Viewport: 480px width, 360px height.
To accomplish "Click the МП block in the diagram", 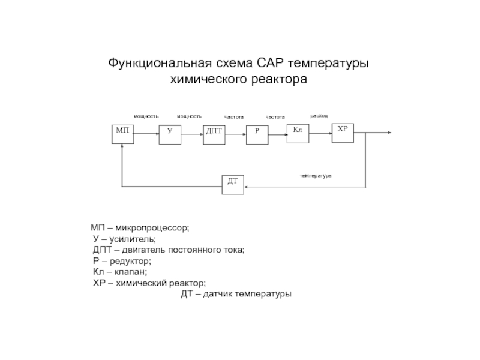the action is [x=122, y=134].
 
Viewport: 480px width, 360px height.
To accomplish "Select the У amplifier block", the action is [x=170, y=134].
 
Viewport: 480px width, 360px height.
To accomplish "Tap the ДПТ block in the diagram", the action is [x=214, y=135].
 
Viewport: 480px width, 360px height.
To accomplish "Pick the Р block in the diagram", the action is [x=257, y=135].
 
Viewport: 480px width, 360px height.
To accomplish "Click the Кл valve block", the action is [x=298, y=133].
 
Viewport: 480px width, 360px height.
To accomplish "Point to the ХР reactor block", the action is [x=343, y=133].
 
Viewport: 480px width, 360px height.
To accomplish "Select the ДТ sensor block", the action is [x=233, y=185].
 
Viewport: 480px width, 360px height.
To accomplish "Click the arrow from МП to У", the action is [x=146, y=133].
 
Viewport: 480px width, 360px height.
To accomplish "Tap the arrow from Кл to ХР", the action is [x=320, y=133].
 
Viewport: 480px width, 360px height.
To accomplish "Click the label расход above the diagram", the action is [x=319, y=116].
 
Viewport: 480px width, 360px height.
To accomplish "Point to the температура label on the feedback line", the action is [x=316, y=176].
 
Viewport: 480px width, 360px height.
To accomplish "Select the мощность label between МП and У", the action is [x=146, y=116].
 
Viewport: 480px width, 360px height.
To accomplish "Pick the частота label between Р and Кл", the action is [x=275, y=117].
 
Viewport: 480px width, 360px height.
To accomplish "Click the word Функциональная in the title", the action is [x=160, y=64].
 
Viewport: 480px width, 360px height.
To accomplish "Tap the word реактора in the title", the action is [x=279, y=79].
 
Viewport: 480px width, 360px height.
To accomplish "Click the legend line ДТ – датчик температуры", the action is [x=236, y=294].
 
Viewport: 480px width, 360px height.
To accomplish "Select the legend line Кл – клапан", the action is [x=120, y=272].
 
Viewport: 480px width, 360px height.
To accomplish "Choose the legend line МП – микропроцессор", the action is [x=140, y=228].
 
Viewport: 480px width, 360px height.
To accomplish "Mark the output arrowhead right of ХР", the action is [x=389, y=133].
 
